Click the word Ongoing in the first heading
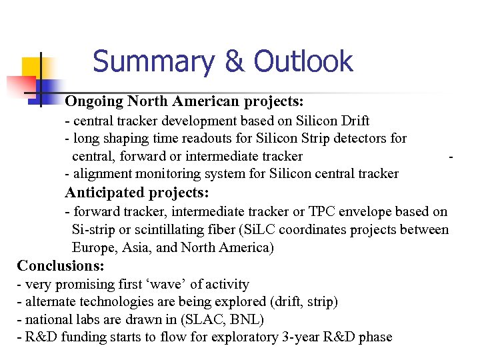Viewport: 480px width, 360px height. (x=94, y=101)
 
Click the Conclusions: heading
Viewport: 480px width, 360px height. (x=61, y=265)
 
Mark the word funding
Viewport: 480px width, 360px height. (x=75, y=337)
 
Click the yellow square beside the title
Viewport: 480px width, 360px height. (x=33, y=67)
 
